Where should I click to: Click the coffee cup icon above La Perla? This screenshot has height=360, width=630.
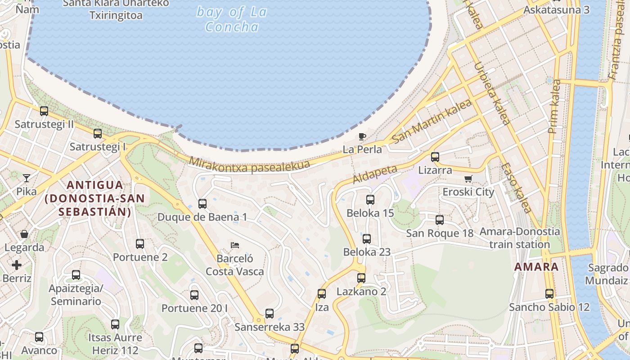pos(362,136)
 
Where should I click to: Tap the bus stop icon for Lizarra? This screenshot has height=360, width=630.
pos(435,157)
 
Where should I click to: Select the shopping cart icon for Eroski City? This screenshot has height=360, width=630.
pos(468,179)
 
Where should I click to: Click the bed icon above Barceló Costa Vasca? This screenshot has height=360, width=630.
pos(234,245)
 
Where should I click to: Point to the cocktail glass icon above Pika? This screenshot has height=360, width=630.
pos(27,178)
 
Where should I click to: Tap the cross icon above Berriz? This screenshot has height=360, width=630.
pos(17,265)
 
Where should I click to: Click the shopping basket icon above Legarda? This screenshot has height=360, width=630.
pos(24,234)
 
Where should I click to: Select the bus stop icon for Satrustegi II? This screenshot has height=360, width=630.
pos(44,111)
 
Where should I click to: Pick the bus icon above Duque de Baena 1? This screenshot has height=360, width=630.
pos(202,204)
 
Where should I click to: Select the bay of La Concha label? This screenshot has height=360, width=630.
pos(232,19)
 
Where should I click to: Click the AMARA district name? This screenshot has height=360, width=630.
pos(536,266)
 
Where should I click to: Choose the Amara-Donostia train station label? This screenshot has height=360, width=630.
pos(520,238)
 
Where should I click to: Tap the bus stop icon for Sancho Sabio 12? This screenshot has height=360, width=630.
pos(549,294)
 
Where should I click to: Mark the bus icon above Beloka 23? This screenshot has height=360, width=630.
pos(367,238)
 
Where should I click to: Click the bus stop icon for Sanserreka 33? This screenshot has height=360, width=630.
pos(270,314)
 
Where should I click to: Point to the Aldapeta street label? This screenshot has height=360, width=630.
pos(375,174)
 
